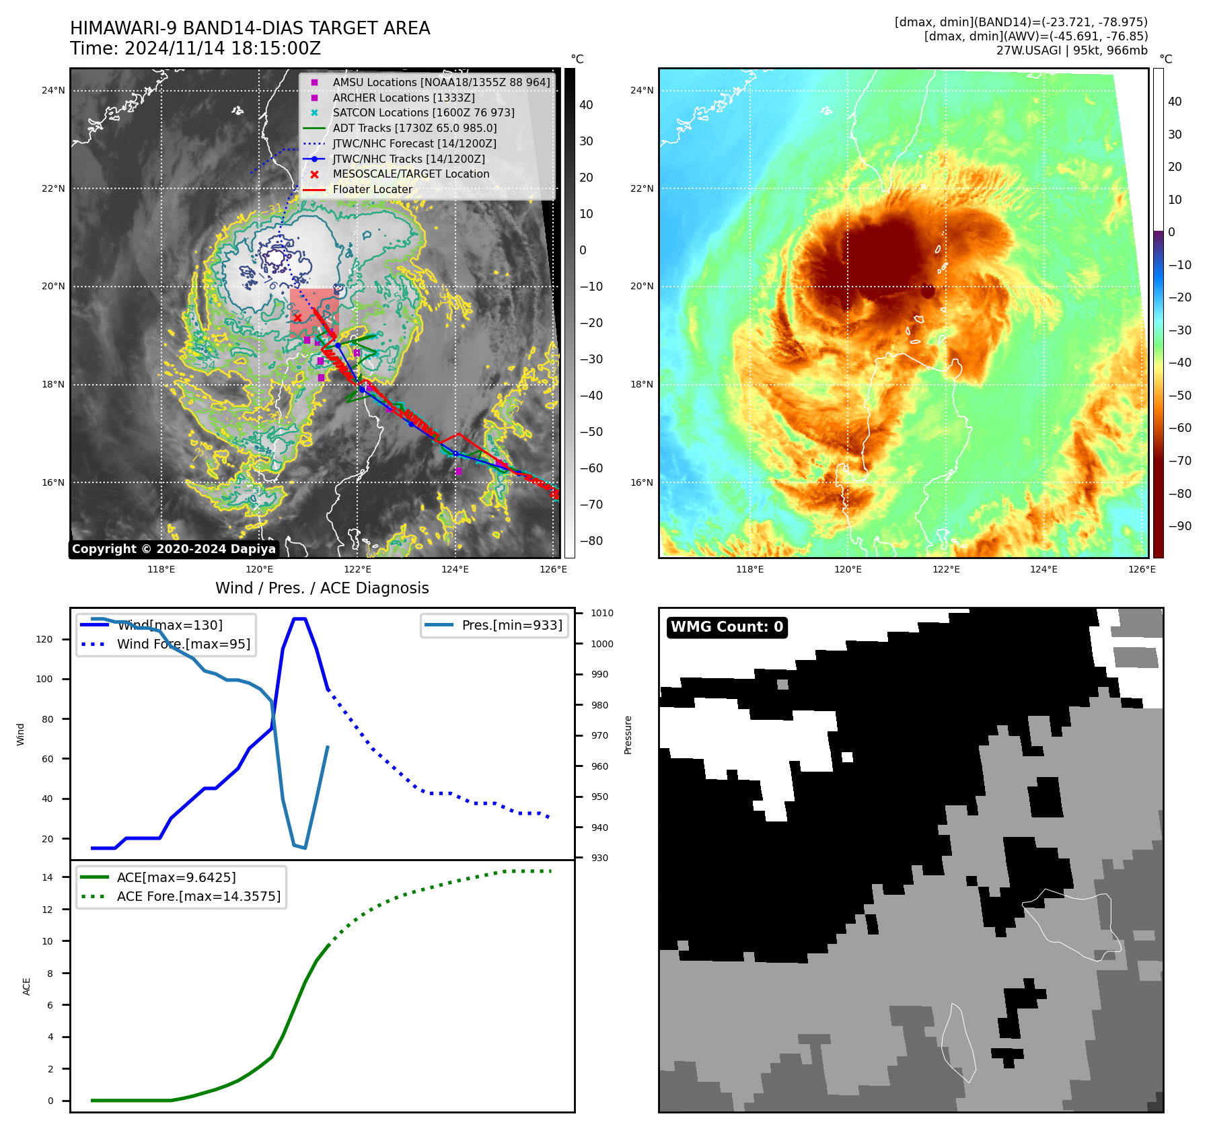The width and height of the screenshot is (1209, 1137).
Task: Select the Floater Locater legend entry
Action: coord(372,189)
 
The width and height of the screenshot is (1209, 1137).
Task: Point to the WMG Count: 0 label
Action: coord(727,627)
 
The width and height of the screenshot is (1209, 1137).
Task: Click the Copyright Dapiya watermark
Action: coord(174,549)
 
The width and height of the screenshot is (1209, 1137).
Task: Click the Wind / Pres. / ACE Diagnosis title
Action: coord(322,588)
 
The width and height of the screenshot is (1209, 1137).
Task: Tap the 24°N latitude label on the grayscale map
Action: coord(53,90)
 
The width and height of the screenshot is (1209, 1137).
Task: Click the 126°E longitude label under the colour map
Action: coord(1142,569)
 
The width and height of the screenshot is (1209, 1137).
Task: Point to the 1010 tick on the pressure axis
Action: coord(602,613)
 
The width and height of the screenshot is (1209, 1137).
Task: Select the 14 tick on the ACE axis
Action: coord(48,877)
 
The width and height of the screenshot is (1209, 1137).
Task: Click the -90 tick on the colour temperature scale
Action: coord(1179,526)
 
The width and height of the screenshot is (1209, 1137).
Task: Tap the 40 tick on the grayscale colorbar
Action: coord(586,105)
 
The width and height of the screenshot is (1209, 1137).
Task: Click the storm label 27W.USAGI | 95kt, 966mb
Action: coord(1072,50)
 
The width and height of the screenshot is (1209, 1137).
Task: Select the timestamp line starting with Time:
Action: coord(195,48)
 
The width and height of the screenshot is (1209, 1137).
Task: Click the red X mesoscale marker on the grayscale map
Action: coord(297,318)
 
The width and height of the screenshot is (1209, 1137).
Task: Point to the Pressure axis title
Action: coord(628,735)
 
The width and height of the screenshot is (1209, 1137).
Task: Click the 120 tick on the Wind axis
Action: coord(44,639)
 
